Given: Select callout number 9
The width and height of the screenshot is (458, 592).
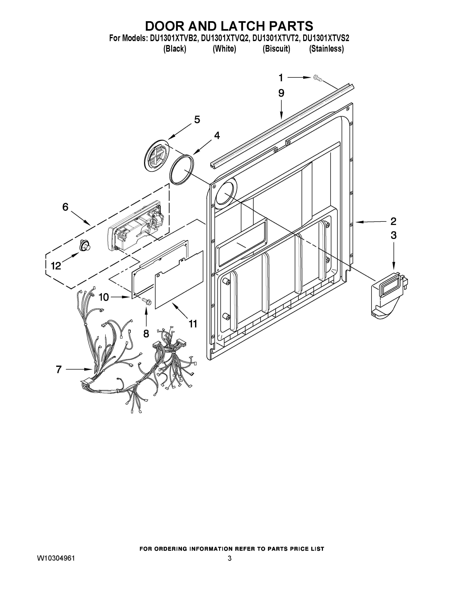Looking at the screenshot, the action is (281, 93).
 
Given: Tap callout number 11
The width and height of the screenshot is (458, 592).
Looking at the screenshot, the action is (193, 323).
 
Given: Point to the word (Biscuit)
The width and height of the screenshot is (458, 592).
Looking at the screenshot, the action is (276, 49).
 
